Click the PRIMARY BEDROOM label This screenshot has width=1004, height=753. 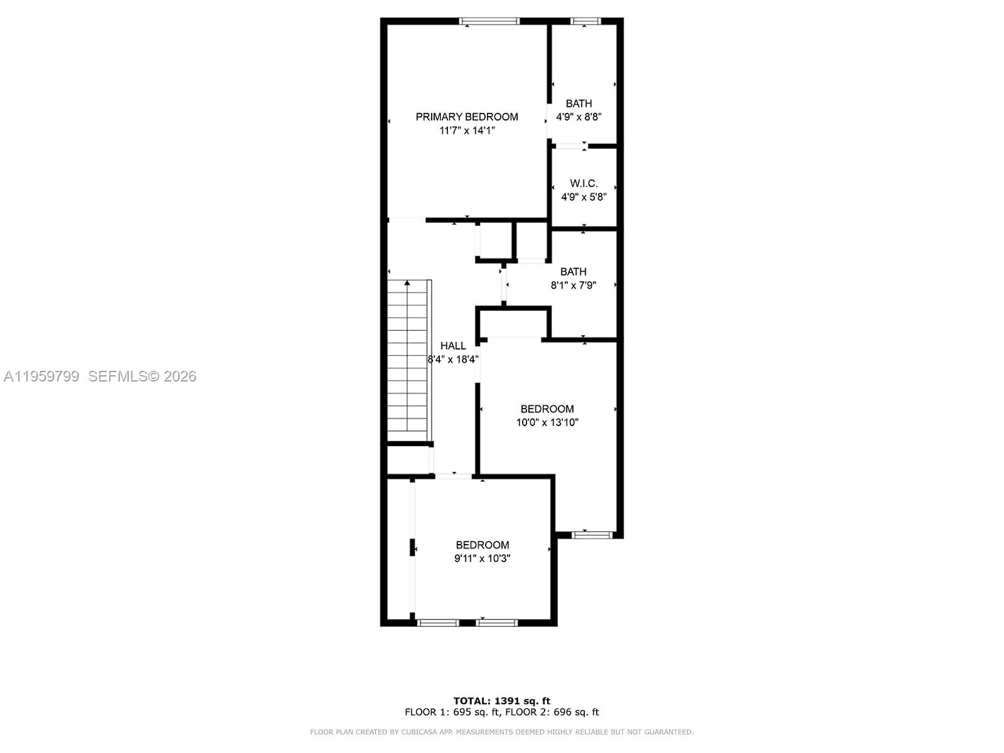[x=467, y=117]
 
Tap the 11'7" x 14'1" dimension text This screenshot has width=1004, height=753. [x=467, y=131]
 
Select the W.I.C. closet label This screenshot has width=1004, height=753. [x=584, y=183]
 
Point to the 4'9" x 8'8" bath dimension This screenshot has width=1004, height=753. [x=579, y=117]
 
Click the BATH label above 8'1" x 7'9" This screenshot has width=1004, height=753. [x=573, y=272]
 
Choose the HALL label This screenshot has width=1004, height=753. [x=452, y=346]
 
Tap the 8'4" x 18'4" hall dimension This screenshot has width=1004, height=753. [x=453, y=360]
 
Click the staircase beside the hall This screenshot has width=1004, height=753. [x=408, y=364]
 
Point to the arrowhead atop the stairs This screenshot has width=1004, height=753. [x=407, y=284]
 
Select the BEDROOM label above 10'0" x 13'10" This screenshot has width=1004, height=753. [x=547, y=409]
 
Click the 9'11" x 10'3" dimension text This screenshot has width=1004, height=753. [x=482, y=558]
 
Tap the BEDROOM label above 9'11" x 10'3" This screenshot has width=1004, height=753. [x=482, y=545]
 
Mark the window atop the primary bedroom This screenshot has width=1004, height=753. [x=489, y=21]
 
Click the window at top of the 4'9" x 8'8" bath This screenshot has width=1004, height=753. [x=585, y=21]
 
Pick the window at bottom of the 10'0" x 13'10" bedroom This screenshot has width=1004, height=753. [x=592, y=535]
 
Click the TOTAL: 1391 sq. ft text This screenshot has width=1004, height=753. [x=501, y=701]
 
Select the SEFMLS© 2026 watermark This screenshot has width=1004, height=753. [x=142, y=376]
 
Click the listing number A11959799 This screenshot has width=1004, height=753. [x=41, y=376]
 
